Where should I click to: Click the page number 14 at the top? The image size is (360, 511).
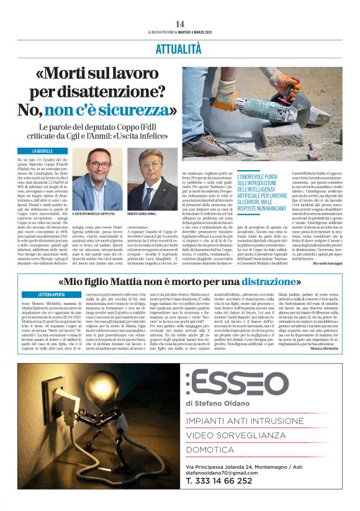tap(180, 24)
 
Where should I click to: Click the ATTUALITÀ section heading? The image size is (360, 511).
tap(179, 49)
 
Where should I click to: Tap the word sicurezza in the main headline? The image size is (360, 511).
tap(132, 112)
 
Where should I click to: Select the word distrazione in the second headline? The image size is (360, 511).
tap(269, 281)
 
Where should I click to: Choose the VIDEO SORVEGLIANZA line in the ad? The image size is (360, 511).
tap(243, 436)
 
